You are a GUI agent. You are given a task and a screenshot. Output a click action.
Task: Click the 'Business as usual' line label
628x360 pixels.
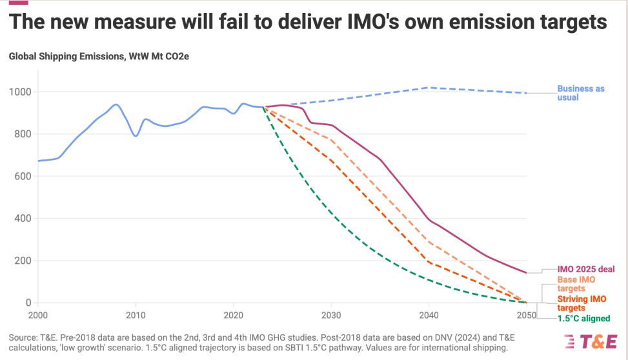[581, 93]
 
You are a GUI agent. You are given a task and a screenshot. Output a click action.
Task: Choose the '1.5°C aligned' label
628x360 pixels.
[583, 319]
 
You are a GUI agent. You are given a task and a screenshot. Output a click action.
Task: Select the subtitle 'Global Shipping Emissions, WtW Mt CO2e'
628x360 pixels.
[99, 57]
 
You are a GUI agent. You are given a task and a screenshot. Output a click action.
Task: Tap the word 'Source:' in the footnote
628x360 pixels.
[25, 337]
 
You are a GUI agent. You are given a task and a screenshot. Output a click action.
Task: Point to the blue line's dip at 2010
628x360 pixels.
[136, 135]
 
